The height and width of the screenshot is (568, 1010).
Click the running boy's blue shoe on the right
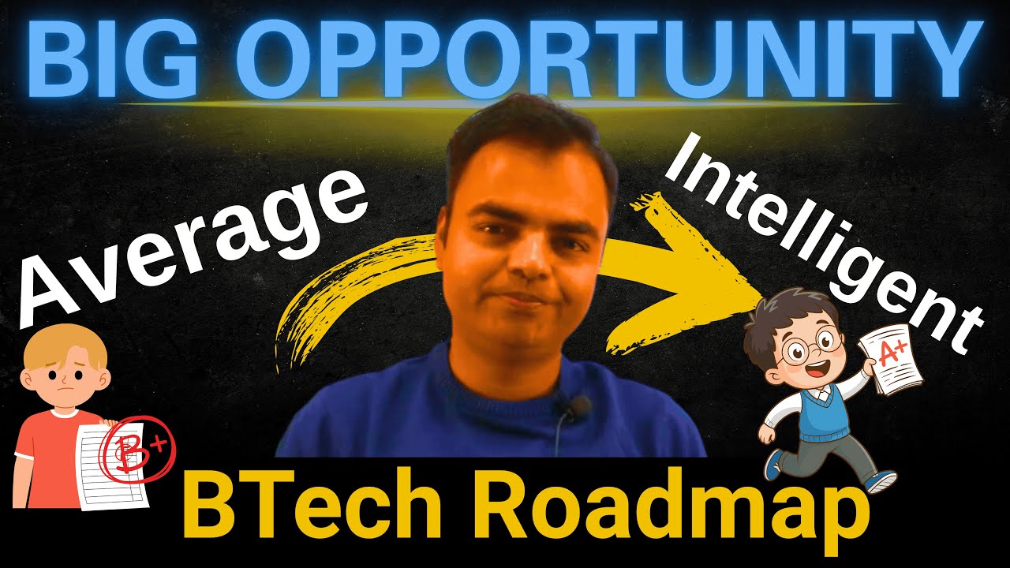click(x=881, y=480)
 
